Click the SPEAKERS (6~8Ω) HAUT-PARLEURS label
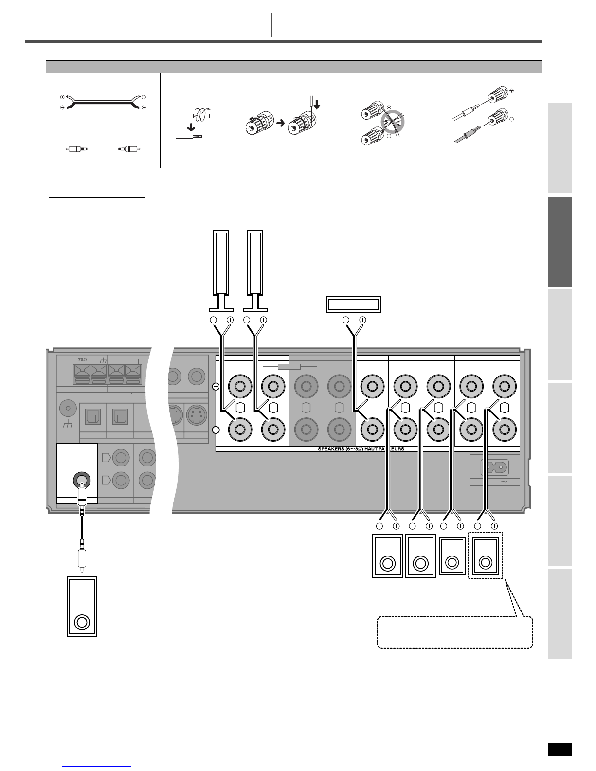[361, 449]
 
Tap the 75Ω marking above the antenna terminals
[82, 360]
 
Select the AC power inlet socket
[494, 467]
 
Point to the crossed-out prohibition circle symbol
[392, 122]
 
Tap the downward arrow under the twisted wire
[191, 127]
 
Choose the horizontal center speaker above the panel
[353, 305]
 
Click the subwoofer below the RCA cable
[82, 607]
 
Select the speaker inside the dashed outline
[486, 556]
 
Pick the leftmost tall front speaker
[221, 271]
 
